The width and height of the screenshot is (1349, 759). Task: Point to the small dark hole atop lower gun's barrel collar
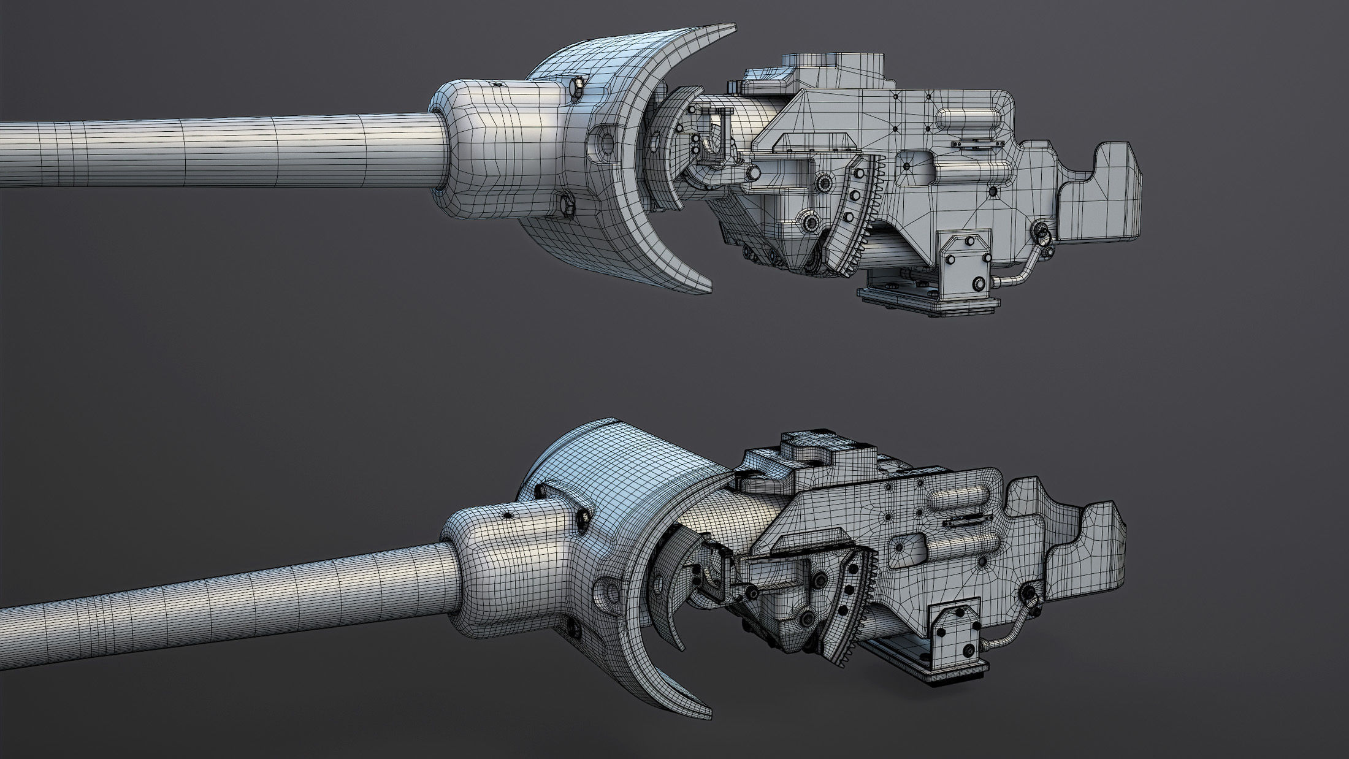[508, 517]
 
